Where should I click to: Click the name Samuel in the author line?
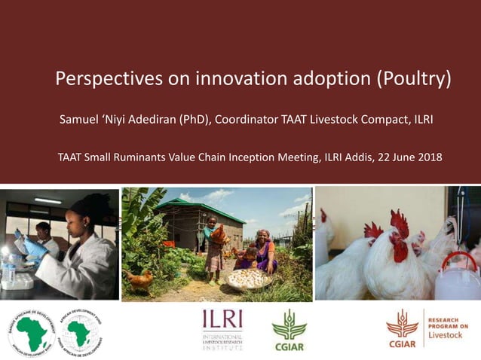[81, 119]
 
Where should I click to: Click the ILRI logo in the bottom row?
[222, 329]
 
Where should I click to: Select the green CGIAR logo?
[290, 331]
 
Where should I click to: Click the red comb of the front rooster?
[399, 223]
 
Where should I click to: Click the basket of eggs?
[248, 279]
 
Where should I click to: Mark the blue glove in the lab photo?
[35, 248]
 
